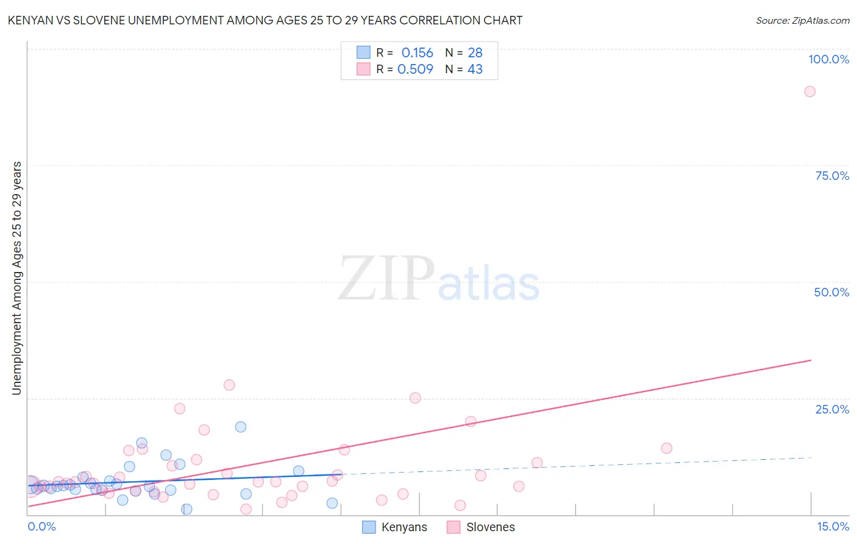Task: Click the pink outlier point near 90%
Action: tap(809, 91)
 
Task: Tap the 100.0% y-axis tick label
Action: tap(828, 59)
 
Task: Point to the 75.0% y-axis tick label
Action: tap(832, 176)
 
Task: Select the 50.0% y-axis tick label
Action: tap(831, 292)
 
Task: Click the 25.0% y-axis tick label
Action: tap(832, 409)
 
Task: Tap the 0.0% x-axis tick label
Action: tap(41, 526)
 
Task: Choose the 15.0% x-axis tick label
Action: tap(833, 526)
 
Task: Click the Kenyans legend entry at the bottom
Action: tap(396, 528)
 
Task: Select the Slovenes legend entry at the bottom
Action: tap(481, 528)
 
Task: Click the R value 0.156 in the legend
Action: tap(417, 53)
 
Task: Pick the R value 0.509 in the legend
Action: tap(415, 70)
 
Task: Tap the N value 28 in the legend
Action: tap(475, 53)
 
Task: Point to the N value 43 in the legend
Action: tap(475, 70)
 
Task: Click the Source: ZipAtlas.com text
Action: tap(802, 21)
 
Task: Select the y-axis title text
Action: tap(17, 278)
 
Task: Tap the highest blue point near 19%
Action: tap(241, 427)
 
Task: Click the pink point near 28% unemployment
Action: tap(229, 385)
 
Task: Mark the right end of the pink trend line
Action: tap(811, 360)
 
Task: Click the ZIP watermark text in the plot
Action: tap(386, 279)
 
